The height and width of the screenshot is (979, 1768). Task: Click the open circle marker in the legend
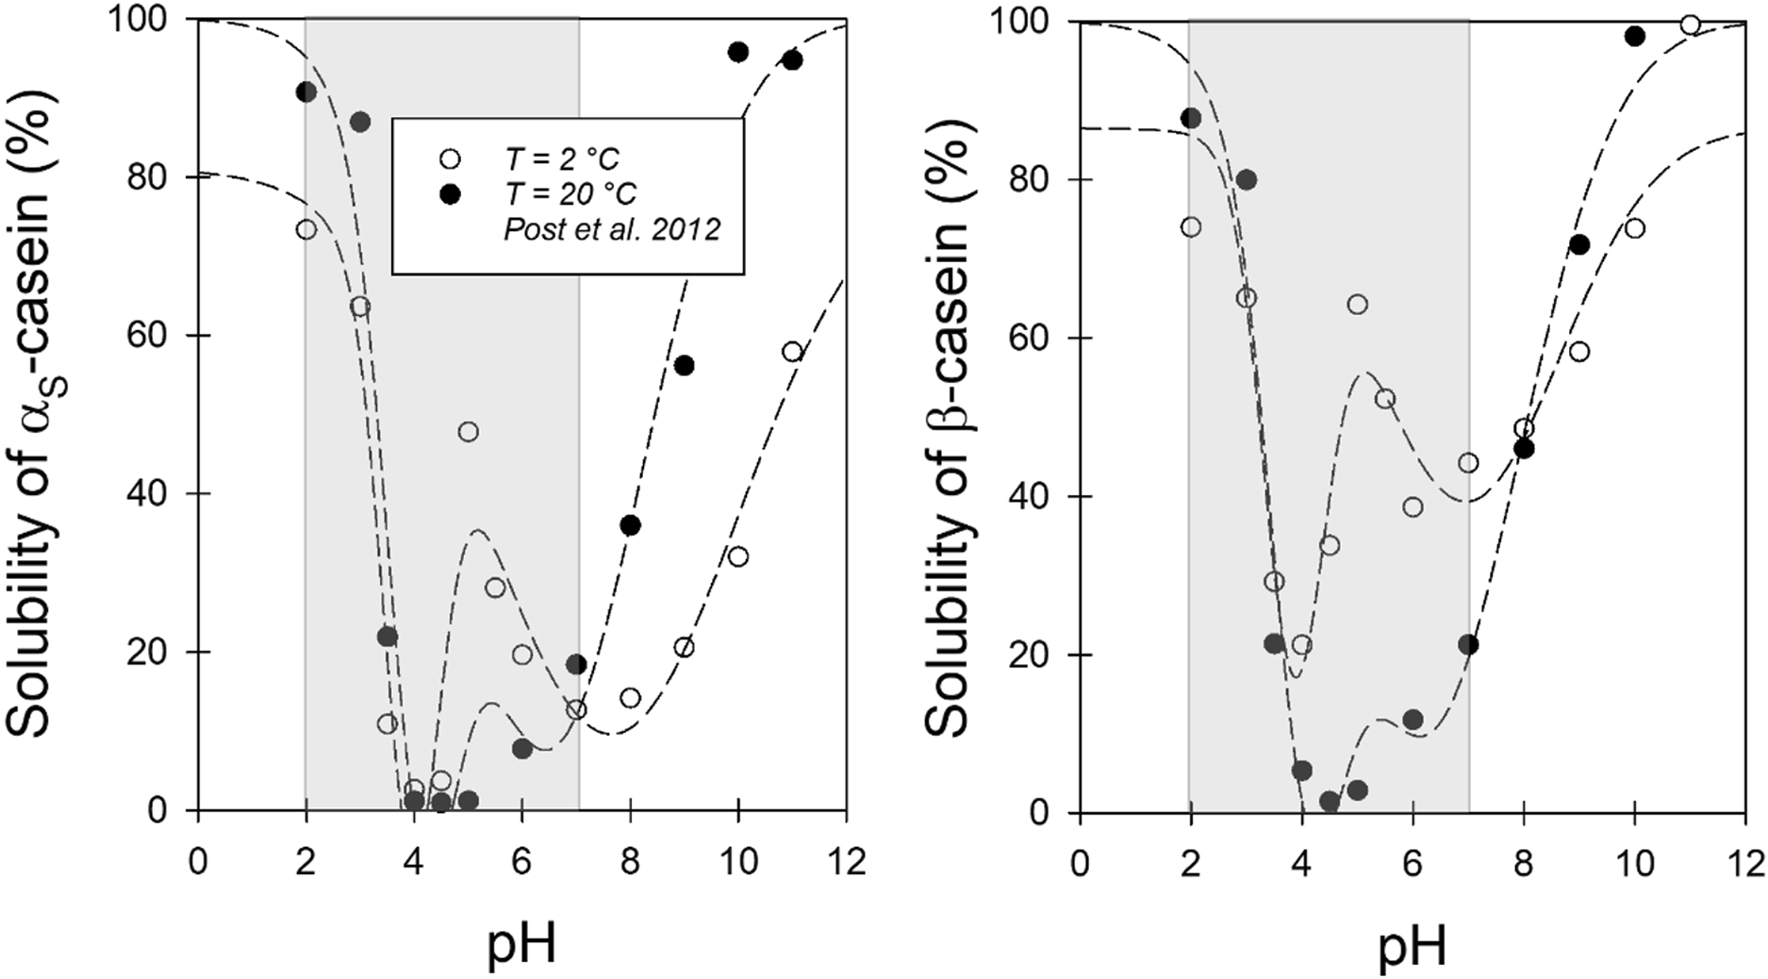click(450, 156)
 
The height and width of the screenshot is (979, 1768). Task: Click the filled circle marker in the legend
click(450, 194)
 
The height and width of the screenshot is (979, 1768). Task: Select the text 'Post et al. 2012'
click(612, 230)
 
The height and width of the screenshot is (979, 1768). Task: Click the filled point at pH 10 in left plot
click(738, 52)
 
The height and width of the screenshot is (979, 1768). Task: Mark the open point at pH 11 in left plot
click(792, 352)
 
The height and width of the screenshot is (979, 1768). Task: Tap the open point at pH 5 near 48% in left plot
click(468, 432)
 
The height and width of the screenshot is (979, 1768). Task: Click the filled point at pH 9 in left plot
click(685, 366)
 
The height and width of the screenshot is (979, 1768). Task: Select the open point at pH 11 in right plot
click(1691, 25)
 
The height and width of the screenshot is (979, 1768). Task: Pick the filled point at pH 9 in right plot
click(1579, 245)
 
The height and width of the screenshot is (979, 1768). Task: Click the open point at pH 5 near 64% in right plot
click(1358, 304)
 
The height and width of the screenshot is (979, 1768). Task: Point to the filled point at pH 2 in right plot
click(1191, 118)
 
